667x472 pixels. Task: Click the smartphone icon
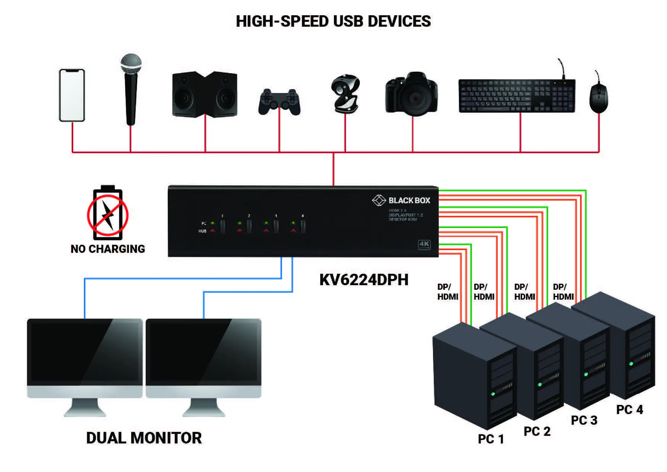72,95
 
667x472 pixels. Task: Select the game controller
279,102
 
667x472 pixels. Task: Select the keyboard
516,96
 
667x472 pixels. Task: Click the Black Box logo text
409,201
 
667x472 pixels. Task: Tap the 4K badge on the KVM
424,244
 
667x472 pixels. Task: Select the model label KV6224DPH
364,280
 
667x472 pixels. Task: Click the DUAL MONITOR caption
144,438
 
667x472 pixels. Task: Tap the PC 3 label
584,421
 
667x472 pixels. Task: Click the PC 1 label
491,439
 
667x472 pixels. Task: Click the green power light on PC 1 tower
493,394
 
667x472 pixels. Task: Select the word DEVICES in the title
399,21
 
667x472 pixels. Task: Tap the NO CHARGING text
108,249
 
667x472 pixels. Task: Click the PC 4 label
629,410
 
